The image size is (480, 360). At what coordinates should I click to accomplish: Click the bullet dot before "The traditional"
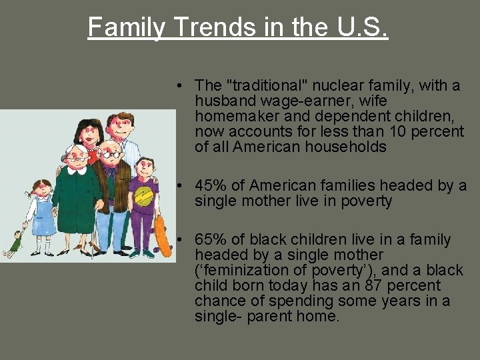pyautogui.click(x=181, y=86)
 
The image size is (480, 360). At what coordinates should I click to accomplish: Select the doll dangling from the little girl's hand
pyautogui.click(x=13, y=243)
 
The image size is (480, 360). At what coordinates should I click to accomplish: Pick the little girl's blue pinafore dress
pyautogui.click(x=43, y=217)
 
